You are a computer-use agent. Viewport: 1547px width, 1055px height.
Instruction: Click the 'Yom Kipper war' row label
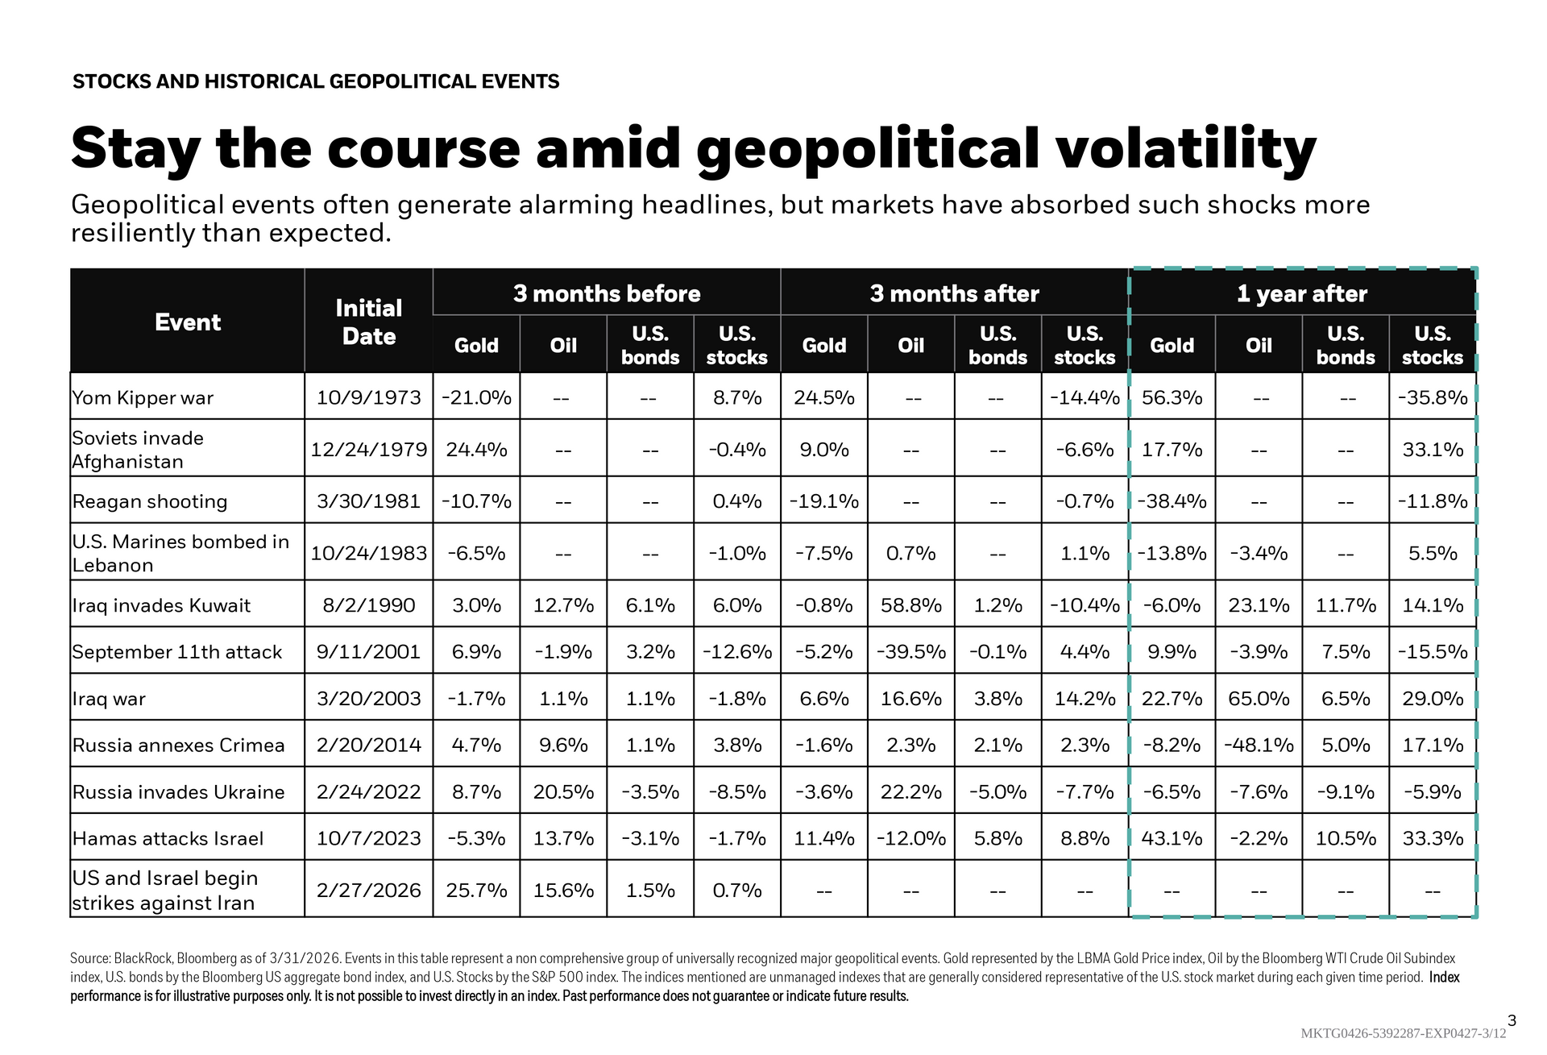pos(143,397)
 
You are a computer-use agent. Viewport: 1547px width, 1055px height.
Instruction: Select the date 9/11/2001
pos(368,651)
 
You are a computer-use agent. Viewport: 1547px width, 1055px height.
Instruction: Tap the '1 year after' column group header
pos(1301,293)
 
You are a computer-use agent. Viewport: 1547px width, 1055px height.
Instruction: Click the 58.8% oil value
pos(910,604)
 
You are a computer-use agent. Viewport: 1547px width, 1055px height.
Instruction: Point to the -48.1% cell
pos(1259,745)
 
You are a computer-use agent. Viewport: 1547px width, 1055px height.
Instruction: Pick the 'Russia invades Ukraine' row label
pos(178,791)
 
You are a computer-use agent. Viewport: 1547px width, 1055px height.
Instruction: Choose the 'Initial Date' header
pos(368,322)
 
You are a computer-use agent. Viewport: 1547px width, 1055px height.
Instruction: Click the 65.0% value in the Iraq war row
pos(1259,698)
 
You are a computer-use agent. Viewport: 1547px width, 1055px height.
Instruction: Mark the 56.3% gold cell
pos(1172,397)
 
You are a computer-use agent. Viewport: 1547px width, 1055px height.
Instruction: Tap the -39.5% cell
pos(910,651)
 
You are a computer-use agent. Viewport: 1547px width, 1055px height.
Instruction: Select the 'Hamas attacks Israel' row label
pos(168,838)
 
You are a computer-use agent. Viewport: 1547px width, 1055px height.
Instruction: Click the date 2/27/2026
pos(368,890)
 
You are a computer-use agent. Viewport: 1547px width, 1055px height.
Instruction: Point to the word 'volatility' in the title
pos(1185,149)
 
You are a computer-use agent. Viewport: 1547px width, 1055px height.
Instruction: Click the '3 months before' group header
pos(607,293)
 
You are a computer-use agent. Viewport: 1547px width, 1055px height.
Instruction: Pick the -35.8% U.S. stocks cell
pos(1432,397)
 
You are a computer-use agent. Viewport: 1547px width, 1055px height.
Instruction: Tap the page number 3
pos(1512,1020)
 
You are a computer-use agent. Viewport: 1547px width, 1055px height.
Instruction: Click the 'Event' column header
pos(188,322)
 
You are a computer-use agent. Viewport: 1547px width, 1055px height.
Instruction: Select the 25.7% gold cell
pos(476,890)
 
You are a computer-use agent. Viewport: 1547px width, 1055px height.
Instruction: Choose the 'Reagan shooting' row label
pos(150,501)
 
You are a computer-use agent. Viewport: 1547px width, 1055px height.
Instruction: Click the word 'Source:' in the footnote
pos(90,958)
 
